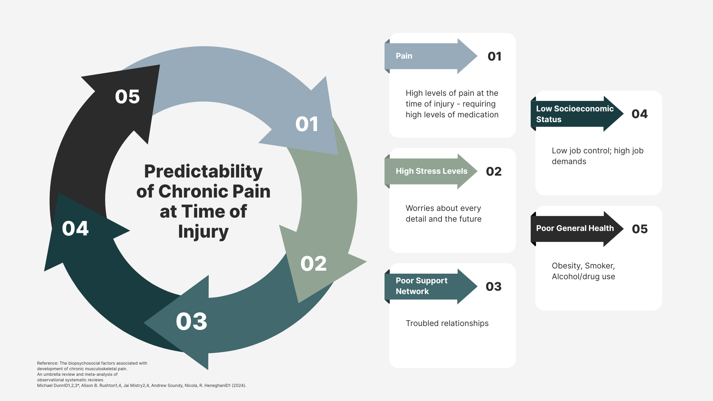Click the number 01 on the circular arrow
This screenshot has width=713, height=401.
click(307, 124)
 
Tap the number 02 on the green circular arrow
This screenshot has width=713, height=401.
click(313, 264)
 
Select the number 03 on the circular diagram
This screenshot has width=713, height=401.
click(191, 322)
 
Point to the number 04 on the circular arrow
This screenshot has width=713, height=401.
click(75, 228)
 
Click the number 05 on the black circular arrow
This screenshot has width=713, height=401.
click(127, 97)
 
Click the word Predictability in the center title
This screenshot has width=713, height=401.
click(203, 171)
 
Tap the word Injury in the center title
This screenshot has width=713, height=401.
click(203, 231)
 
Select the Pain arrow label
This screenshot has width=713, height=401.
click(404, 56)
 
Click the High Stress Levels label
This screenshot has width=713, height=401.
click(431, 171)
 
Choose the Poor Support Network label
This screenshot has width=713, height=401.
click(421, 286)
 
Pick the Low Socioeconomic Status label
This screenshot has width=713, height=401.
click(574, 114)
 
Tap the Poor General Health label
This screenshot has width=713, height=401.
click(574, 228)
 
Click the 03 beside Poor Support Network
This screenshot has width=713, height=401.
click(494, 287)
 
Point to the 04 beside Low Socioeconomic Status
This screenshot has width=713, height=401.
click(639, 114)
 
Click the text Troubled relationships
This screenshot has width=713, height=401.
click(447, 323)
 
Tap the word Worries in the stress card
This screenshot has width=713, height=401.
click(420, 208)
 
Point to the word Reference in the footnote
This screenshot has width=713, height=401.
click(48, 363)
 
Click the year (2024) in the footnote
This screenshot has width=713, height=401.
click(239, 385)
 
